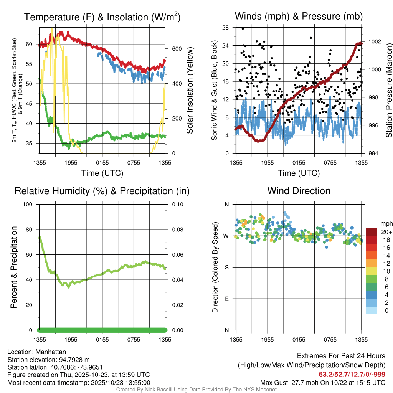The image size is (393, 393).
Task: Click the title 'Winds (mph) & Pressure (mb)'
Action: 299,17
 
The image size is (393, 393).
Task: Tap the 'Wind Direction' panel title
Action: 299,190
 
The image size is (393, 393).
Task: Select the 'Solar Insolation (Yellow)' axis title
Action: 190,90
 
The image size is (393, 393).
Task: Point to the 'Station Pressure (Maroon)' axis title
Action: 389,90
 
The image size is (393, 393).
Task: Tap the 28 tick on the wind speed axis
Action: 225,28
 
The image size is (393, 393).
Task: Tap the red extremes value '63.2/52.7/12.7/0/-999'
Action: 352,374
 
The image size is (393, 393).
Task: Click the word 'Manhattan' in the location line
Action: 51,352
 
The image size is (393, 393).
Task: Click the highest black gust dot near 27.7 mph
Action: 243,28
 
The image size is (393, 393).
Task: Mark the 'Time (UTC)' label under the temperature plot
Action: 102,173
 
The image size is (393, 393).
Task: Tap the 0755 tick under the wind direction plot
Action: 330,339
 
